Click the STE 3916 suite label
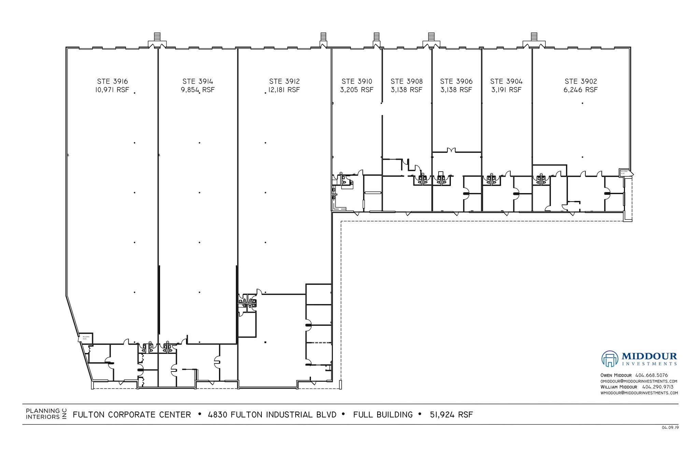click(112, 81)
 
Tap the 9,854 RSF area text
click(198, 90)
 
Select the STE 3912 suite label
click(284, 81)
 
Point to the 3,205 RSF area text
click(357, 90)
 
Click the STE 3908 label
click(406, 81)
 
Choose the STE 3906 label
click(456, 81)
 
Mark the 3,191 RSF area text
click(506, 90)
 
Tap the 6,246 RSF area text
click(581, 90)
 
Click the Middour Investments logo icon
click(610, 359)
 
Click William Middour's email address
click(639, 393)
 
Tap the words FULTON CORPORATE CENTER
click(132, 415)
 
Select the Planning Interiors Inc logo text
click(43, 414)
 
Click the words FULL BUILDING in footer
click(383, 415)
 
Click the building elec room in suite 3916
click(85, 338)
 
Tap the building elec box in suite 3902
click(624, 173)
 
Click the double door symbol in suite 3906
click(451, 150)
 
